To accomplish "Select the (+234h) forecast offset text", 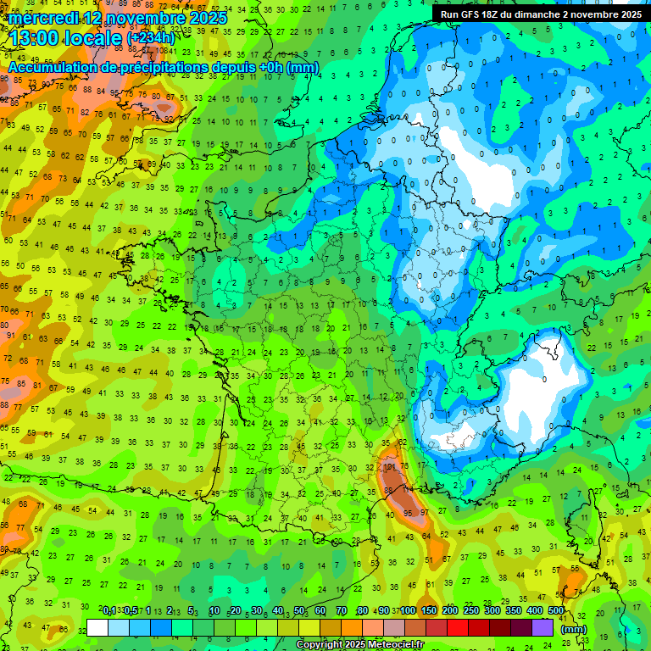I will tap(151, 38).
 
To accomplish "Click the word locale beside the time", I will tap(95, 37).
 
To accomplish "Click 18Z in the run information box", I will tap(497, 14).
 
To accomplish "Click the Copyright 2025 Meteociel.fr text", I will tap(359, 645).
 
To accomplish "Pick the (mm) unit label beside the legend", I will tap(573, 629).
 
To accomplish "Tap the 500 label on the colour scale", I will tap(556, 611).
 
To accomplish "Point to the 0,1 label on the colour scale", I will tap(110, 611).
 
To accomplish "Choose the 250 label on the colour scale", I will tap(470, 611).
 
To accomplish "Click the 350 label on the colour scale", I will tap(514, 611).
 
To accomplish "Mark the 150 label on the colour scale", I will tap(428, 611).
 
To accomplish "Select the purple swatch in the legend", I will tap(542, 627).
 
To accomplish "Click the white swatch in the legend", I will tap(97, 627).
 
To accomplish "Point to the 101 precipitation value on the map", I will tap(390, 466).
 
